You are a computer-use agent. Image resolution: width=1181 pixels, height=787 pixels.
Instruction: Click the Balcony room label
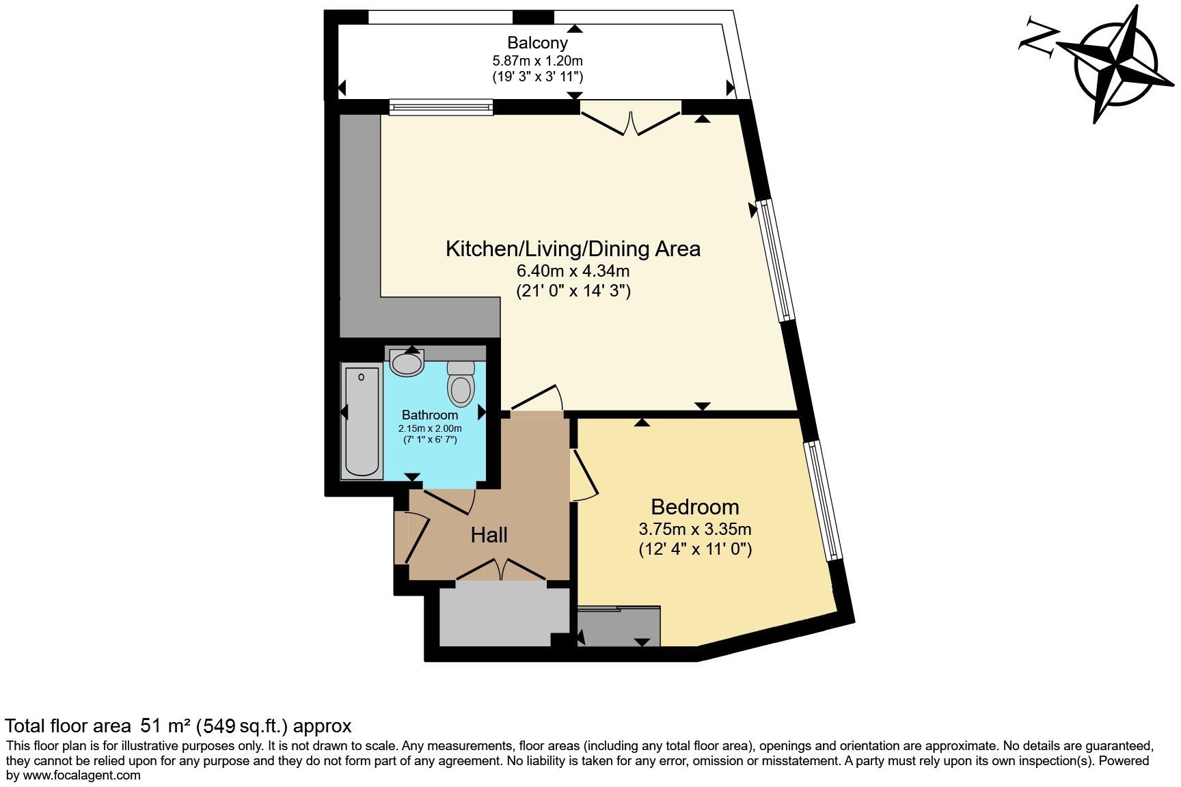point(537,43)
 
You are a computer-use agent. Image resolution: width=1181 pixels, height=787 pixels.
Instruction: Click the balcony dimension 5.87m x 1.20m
point(537,60)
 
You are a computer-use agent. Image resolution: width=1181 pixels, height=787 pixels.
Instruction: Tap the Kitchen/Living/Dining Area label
point(573,249)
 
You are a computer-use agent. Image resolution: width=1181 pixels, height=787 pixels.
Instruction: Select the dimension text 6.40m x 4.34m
point(573,271)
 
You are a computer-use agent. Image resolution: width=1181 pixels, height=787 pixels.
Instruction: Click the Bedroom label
point(694,507)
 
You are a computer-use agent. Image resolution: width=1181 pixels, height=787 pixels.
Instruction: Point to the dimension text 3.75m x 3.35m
point(694,529)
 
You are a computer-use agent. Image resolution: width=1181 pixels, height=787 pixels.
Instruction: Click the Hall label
point(489,535)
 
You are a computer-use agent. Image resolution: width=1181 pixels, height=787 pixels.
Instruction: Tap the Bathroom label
point(430,415)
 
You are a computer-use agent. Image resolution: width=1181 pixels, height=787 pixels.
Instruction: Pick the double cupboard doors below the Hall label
point(501,569)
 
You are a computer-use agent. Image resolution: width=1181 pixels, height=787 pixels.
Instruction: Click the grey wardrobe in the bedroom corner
point(619,627)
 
